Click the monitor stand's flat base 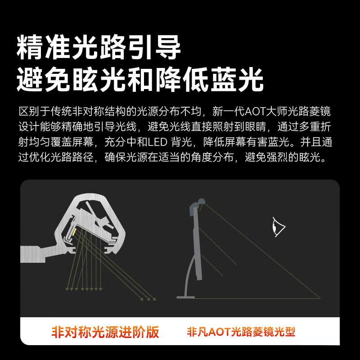point(186,297)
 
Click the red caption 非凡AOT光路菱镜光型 point(241,333)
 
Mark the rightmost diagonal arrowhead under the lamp point(153,299)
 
